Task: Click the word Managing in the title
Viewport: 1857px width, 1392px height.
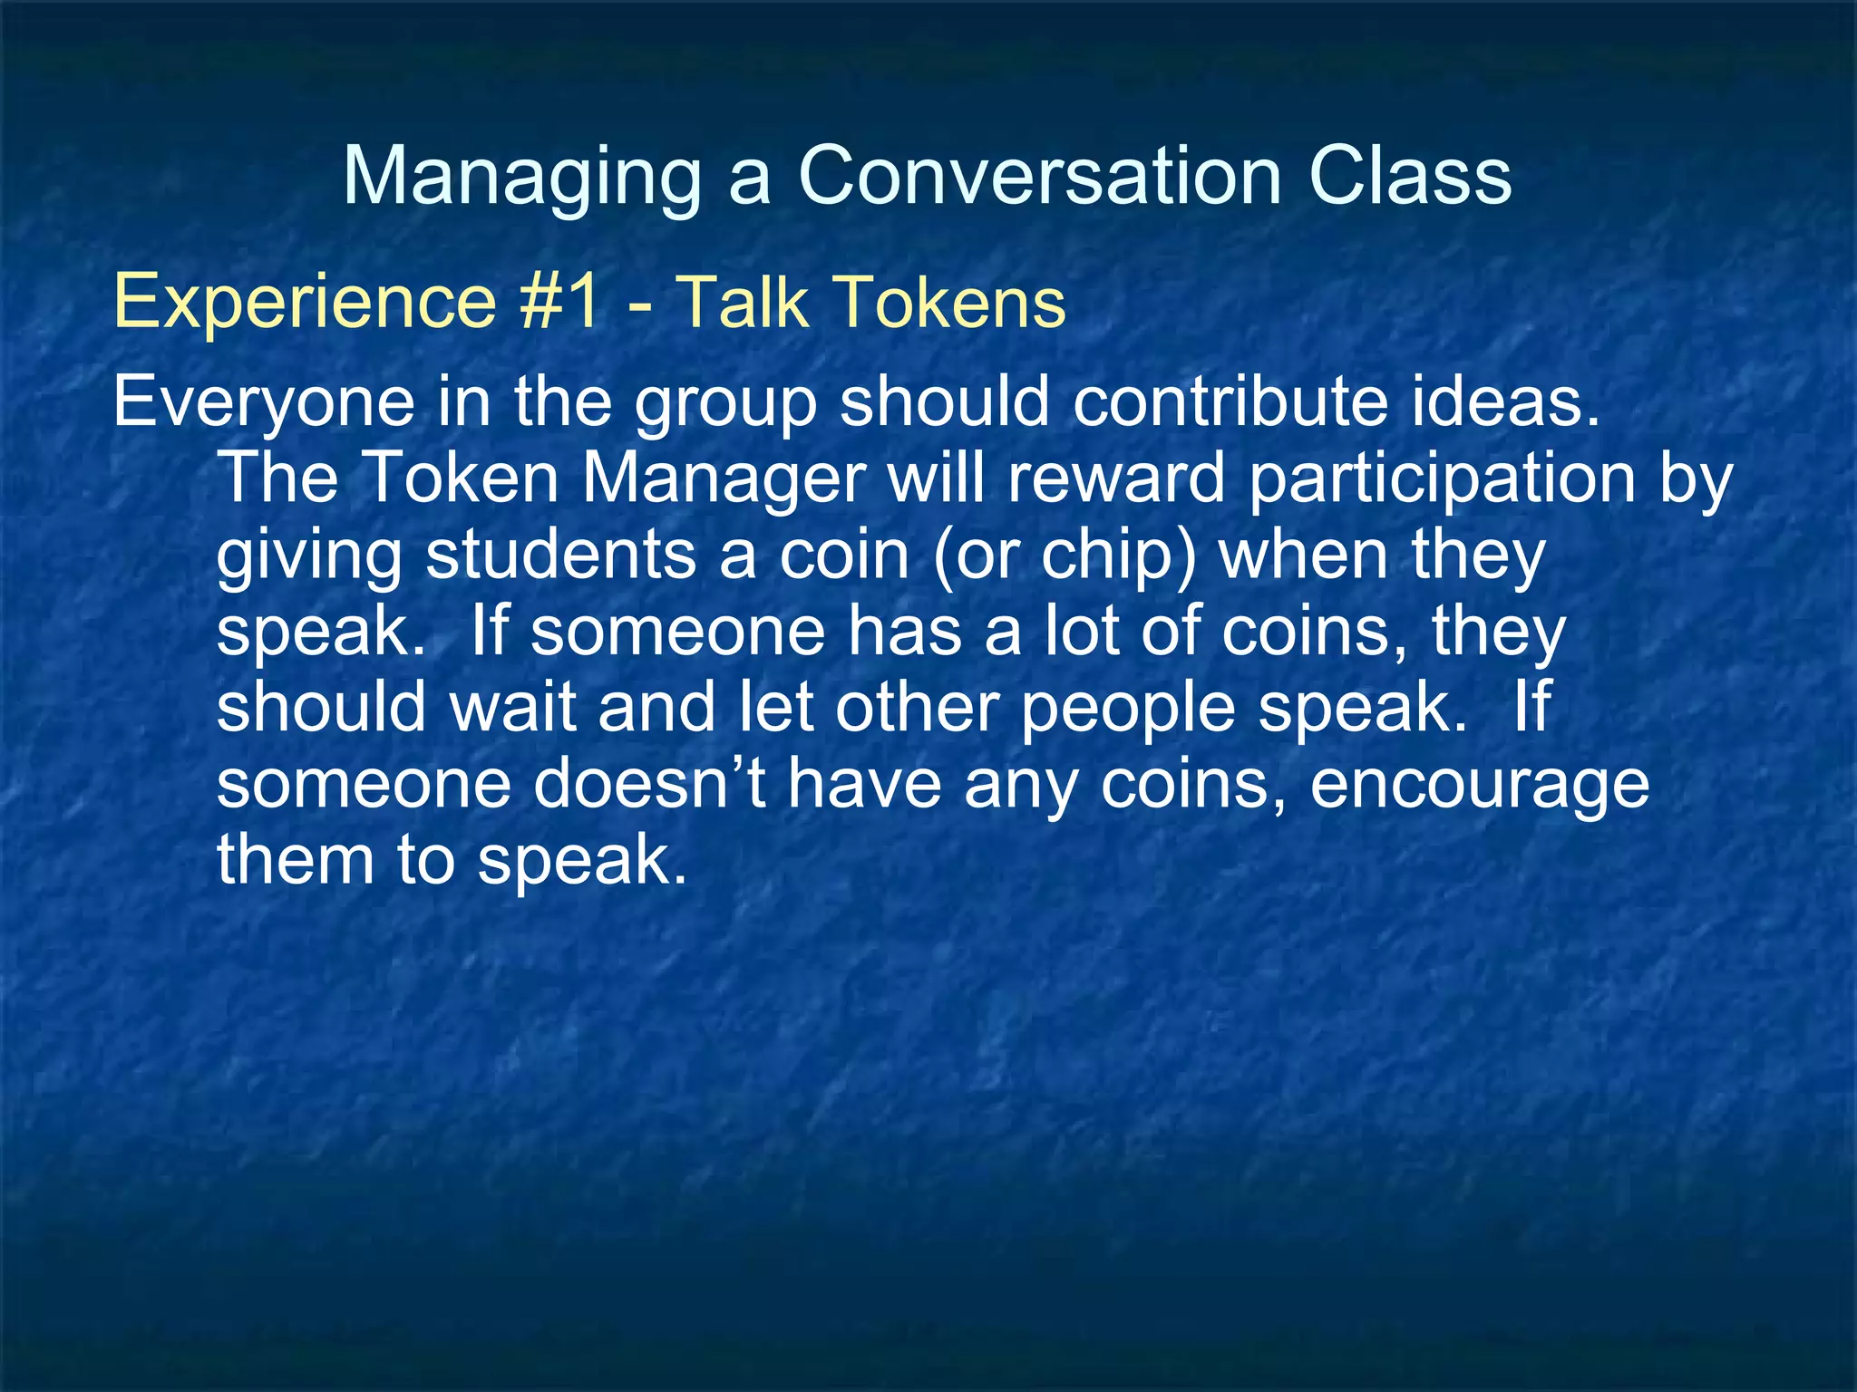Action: pos(522,177)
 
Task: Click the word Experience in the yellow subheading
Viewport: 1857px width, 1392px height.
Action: pos(305,303)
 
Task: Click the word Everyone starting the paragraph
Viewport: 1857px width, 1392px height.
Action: pos(264,403)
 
